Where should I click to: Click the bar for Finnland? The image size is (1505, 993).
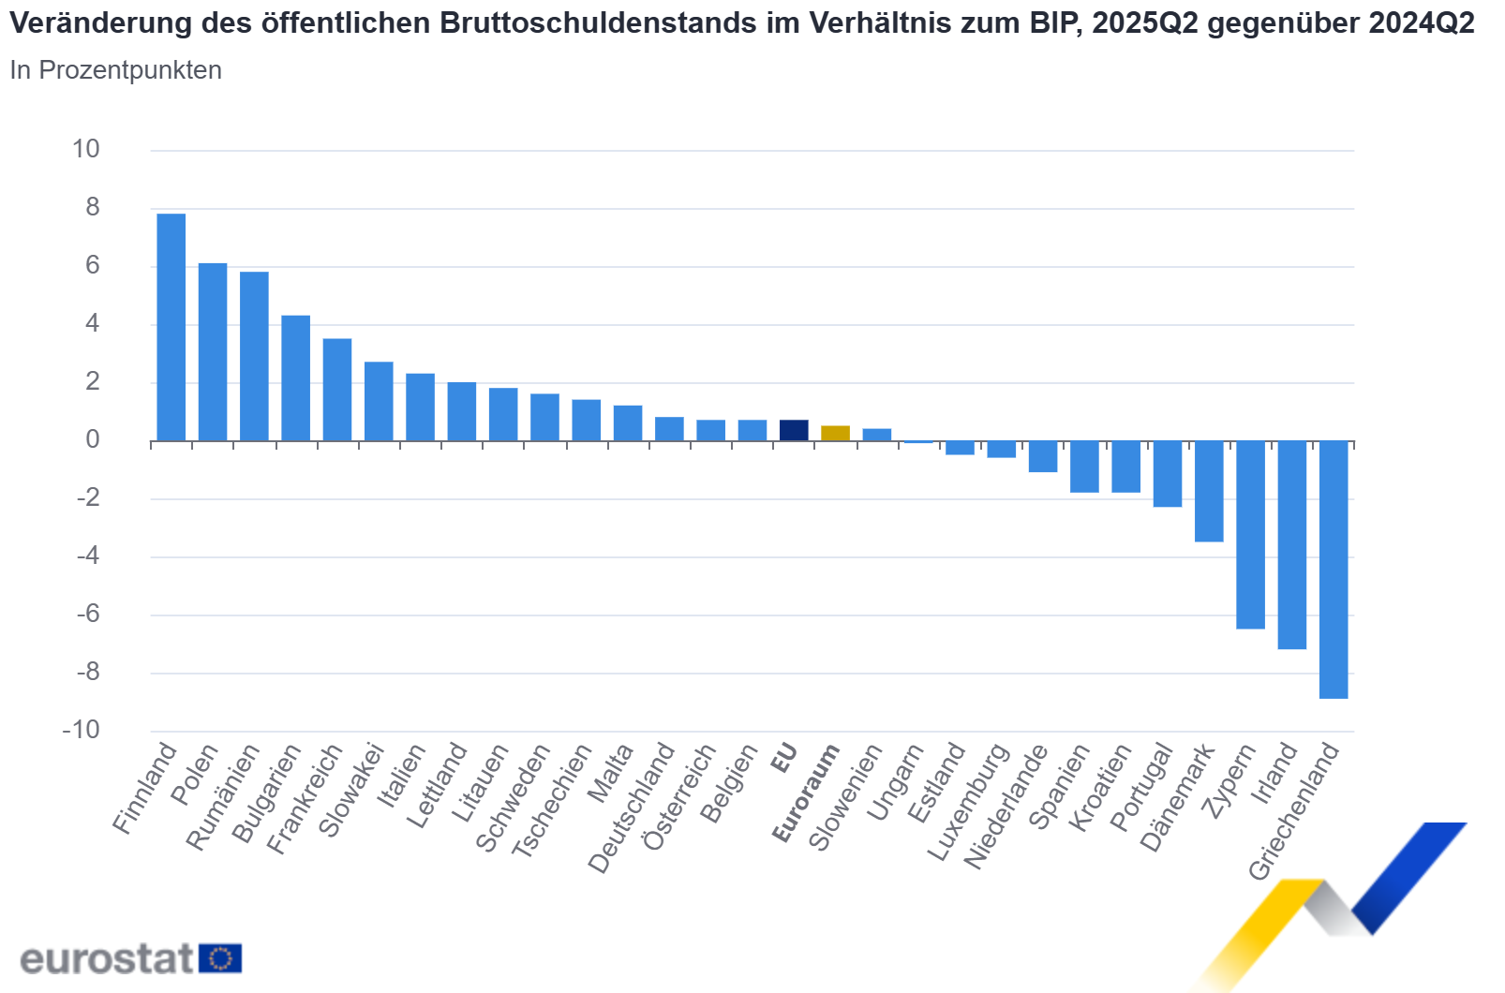(171, 327)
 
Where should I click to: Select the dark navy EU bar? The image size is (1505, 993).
(794, 431)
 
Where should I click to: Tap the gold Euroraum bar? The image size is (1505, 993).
(835, 434)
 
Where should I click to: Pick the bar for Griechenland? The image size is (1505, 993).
(1334, 569)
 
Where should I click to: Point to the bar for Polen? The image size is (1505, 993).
(213, 351)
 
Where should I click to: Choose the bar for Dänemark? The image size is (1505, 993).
(1209, 491)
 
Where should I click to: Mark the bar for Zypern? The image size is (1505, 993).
(1250, 534)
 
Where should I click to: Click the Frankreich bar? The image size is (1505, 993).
(337, 390)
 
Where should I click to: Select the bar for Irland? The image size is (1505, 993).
(1292, 544)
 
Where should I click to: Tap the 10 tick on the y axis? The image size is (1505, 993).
(86, 149)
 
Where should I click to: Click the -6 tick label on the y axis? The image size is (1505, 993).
(88, 614)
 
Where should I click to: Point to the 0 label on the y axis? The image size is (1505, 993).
(92, 439)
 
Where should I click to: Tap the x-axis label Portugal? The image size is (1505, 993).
(1140, 787)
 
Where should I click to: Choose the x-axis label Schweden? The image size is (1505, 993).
(513, 798)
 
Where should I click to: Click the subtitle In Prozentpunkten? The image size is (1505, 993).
(115, 70)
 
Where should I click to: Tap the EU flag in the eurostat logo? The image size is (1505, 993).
(220, 958)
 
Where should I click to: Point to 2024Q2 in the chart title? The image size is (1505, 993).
(1421, 23)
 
